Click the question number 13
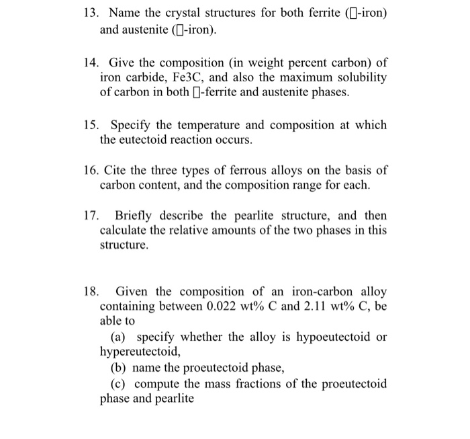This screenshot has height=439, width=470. [x=91, y=13]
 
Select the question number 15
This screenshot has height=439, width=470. [x=91, y=125]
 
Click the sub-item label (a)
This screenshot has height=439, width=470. [x=118, y=336]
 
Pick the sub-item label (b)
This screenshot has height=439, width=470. [x=118, y=368]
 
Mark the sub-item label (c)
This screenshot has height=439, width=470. [x=118, y=383]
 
